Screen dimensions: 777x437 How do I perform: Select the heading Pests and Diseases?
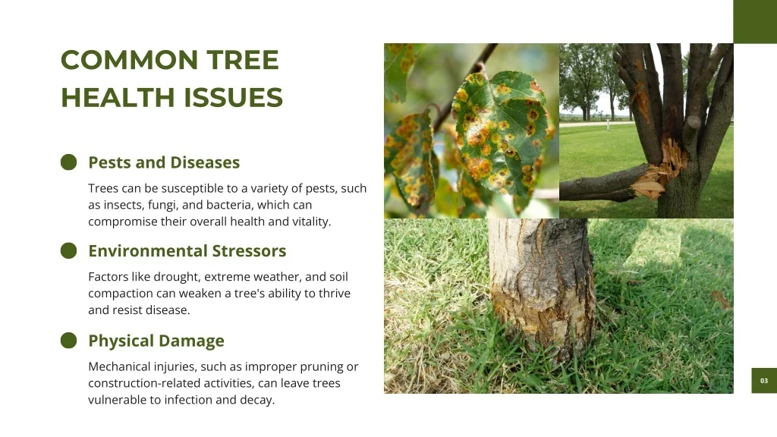coord(164,162)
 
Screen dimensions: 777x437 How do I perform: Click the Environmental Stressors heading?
coord(187,250)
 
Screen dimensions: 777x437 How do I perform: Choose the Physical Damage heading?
coord(156,341)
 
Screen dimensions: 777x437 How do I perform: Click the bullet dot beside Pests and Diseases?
coord(69,162)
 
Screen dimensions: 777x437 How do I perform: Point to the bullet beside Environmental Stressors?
coord(69,250)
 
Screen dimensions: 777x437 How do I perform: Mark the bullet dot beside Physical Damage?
coord(69,341)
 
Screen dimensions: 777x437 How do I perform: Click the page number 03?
coord(764,381)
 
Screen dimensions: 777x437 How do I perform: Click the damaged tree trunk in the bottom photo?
coord(542,288)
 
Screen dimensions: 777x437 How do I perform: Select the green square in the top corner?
coord(755,22)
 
